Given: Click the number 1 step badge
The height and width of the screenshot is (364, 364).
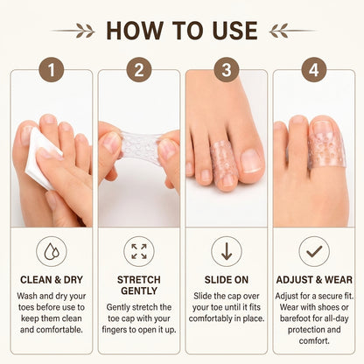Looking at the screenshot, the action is [x=52, y=70].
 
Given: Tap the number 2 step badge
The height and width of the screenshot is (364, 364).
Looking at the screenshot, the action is [x=139, y=70].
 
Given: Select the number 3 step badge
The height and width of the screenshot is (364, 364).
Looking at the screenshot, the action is [x=227, y=70].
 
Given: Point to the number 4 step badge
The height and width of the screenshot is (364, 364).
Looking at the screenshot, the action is [x=314, y=70].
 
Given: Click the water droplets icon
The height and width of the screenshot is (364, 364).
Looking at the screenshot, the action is [x=52, y=251].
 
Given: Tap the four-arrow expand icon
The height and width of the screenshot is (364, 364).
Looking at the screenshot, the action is [x=139, y=251].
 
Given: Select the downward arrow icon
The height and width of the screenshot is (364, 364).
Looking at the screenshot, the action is [x=227, y=251].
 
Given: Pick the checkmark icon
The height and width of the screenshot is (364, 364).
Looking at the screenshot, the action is [x=314, y=251].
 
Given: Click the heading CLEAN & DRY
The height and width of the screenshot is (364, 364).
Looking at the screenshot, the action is [x=52, y=280].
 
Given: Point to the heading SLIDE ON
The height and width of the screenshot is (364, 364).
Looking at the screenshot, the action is [x=227, y=280].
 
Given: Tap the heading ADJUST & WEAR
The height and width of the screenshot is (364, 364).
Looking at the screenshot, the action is [x=314, y=280].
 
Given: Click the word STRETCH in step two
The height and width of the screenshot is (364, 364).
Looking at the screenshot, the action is [x=139, y=280].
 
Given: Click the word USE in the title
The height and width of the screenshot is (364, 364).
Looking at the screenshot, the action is [x=235, y=31].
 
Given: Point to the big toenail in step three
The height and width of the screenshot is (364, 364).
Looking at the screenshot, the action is [x=251, y=161].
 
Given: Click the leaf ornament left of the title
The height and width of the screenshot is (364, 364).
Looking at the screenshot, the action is [x=73, y=31].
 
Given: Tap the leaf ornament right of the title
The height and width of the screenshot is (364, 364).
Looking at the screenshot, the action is [x=292, y=31].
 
